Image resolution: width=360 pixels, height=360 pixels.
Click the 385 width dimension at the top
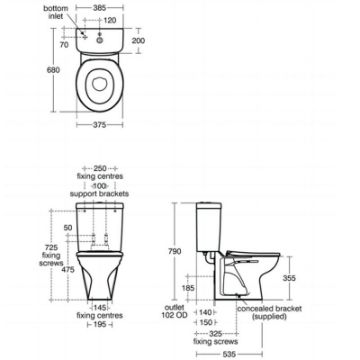pyautogui.click(x=99, y=7)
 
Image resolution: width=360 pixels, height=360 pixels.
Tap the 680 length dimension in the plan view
pyautogui.click(x=53, y=70)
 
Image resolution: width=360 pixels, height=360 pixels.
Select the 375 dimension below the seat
pyautogui.click(x=99, y=125)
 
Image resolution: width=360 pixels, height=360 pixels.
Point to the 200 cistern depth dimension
pyautogui.click(x=138, y=41)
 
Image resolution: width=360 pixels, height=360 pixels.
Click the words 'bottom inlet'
pyautogui.click(x=56, y=12)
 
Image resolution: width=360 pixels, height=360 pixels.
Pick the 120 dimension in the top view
pyautogui.click(x=109, y=21)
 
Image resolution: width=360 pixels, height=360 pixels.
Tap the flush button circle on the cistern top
pyautogui.click(x=100, y=40)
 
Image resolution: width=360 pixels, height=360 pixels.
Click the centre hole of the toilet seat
pyautogui.click(x=99, y=84)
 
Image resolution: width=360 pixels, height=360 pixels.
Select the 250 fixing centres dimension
pyautogui.click(x=100, y=168)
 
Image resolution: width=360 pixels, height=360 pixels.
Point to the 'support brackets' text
pyautogui.click(x=99, y=194)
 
